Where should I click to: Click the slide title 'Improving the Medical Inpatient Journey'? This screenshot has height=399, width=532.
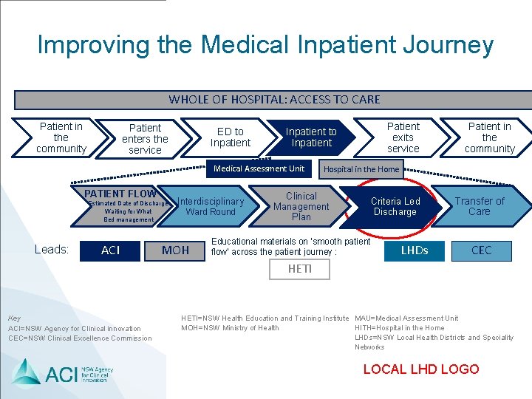(x=265, y=45)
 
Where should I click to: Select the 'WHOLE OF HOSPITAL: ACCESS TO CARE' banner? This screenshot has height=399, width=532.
(x=274, y=99)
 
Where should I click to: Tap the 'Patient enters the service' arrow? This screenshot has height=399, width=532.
(x=145, y=139)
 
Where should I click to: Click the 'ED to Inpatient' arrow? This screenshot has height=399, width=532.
(x=230, y=137)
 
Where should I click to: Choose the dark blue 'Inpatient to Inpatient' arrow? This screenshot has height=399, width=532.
(x=311, y=137)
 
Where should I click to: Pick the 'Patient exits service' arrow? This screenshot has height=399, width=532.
(x=403, y=137)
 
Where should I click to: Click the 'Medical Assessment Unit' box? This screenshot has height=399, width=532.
(x=259, y=169)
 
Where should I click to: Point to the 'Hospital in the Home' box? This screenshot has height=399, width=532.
(x=361, y=169)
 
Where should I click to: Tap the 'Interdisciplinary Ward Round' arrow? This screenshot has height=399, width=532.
(x=211, y=206)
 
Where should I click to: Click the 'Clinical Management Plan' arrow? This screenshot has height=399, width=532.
(x=301, y=206)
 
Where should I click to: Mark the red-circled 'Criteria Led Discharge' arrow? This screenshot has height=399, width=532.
(x=395, y=206)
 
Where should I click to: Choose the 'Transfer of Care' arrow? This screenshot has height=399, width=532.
(x=480, y=206)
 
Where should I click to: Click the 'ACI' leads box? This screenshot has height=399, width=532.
(x=110, y=250)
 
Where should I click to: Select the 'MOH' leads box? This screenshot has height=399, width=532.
(x=175, y=250)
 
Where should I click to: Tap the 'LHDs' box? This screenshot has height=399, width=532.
(x=414, y=250)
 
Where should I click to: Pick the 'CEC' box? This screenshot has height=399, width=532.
(x=481, y=250)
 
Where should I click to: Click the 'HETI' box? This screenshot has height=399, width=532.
(x=300, y=269)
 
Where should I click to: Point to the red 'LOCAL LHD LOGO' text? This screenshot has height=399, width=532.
(x=421, y=369)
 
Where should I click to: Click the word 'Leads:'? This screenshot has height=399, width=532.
(x=52, y=250)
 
